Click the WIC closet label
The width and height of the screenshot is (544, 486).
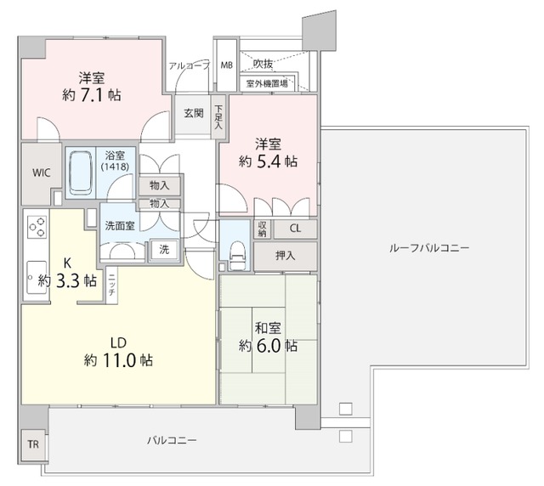41,172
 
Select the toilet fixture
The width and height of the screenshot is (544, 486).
237,252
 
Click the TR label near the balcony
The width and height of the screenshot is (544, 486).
32,444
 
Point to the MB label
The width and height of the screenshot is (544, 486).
227,65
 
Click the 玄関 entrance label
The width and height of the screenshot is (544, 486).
193,113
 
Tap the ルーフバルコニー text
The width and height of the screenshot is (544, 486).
428,248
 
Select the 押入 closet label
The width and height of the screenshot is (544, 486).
286,255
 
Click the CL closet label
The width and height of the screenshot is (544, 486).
294,228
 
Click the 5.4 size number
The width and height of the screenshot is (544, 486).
280,161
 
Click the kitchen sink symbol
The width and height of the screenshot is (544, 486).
37,277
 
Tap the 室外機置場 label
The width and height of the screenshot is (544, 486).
267,83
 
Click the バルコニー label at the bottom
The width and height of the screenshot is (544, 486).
172,440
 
